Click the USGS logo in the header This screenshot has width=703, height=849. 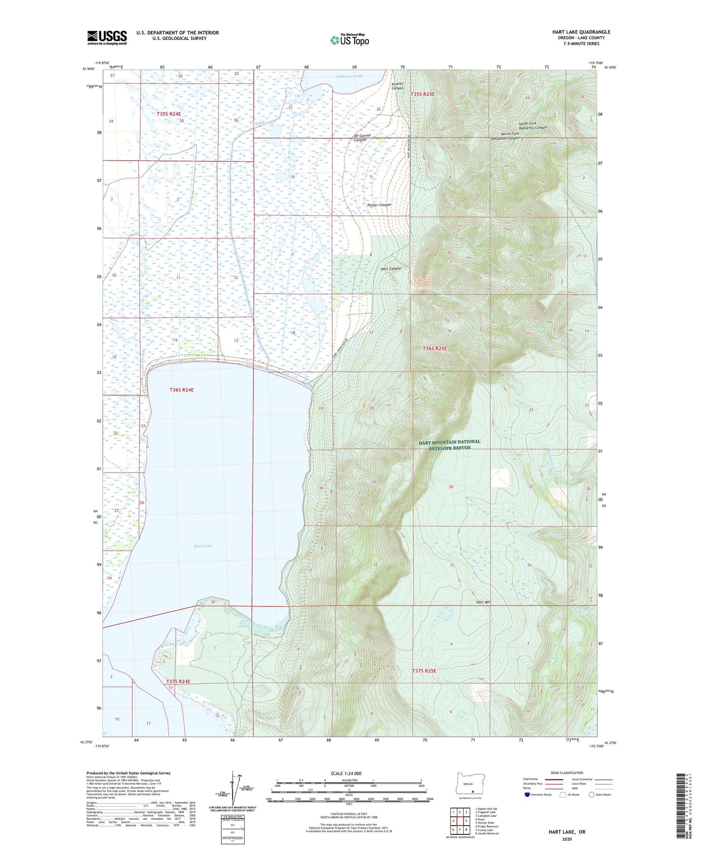click(107, 37)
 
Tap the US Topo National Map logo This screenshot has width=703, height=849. click(349, 40)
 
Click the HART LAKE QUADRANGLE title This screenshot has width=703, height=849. click(581, 32)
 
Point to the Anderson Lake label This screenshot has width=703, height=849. click(349, 76)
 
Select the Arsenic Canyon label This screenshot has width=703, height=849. click(397, 86)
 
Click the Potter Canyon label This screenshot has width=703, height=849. click(379, 205)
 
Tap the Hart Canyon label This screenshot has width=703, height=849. click(391, 269)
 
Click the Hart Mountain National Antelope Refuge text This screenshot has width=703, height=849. click(450, 444)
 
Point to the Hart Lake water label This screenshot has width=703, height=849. click(203, 546)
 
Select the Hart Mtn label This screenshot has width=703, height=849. click(484, 602)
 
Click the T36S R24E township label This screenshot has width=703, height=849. click(181, 390)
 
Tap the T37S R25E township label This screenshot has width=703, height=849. click(424, 671)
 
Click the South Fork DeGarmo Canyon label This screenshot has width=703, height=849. click(532, 125)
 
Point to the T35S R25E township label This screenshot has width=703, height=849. click(423, 94)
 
